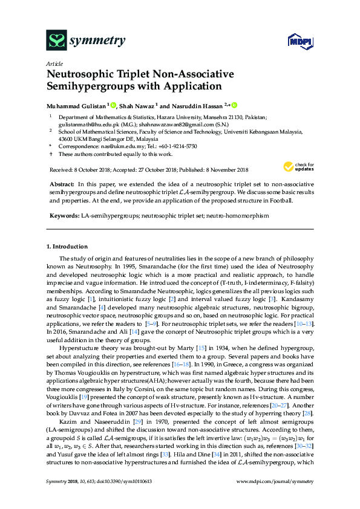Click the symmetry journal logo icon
[x=57, y=40]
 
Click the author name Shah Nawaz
[x=137, y=105]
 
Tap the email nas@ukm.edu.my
[x=111, y=146]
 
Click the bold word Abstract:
[x=61, y=183]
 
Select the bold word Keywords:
[x=63, y=215]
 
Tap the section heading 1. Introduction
[x=67, y=247]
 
